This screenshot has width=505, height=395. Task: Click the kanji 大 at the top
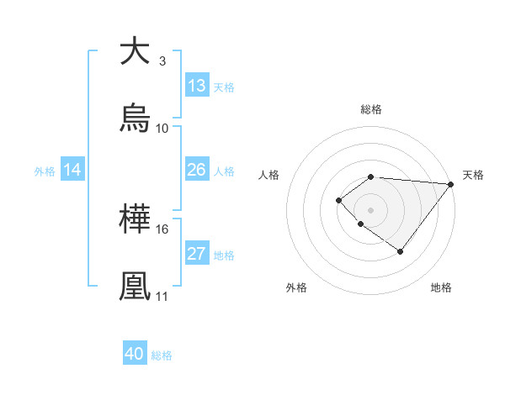[x=135, y=51]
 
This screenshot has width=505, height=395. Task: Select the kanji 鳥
[x=135, y=118]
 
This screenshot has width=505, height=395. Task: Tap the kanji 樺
[x=135, y=219]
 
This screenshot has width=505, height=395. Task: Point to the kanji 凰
[x=135, y=287]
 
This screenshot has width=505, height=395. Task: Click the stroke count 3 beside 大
[x=162, y=61]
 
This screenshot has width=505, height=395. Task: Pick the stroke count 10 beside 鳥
[x=162, y=129]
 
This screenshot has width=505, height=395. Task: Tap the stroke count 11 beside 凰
[x=162, y=297]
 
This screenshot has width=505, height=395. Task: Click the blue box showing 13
[x=197, y=86]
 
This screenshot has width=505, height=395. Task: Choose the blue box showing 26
[x=197, y=170]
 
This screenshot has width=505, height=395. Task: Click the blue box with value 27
[x=197, y=254]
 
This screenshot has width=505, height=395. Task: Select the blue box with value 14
[x=72, y=170]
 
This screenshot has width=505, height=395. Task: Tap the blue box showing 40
[x=135, y=354]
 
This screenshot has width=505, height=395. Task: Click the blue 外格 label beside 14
[x=45, y=171]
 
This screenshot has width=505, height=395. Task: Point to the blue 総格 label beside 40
[x=162, y=355]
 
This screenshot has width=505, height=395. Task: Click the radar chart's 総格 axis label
[x=371, y=109]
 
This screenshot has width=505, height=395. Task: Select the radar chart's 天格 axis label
[x=473, y=175]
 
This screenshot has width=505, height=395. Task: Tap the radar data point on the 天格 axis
[x=451, y=184]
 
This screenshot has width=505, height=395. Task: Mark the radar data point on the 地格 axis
[x=401, y=251]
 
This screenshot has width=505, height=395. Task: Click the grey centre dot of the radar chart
[x=371, y=209]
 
